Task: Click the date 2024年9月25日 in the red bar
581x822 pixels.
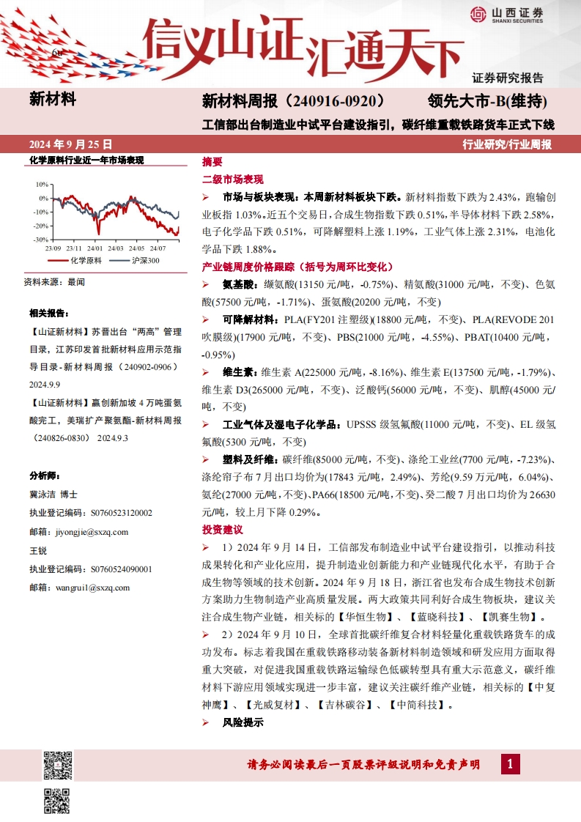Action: [71, 144]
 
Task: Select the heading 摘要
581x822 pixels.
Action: [212, 162]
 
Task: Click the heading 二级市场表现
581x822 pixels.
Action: [233, 179]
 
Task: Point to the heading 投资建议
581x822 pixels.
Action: [222, 529]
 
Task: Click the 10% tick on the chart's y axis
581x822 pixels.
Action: [41, 185]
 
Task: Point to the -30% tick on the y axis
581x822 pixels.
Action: [40, 240]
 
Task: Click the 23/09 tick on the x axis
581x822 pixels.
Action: [53, 248]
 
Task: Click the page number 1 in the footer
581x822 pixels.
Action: [510, 765]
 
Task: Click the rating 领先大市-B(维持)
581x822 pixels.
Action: [487, 100]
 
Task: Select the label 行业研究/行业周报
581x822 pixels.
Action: [508, 144]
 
